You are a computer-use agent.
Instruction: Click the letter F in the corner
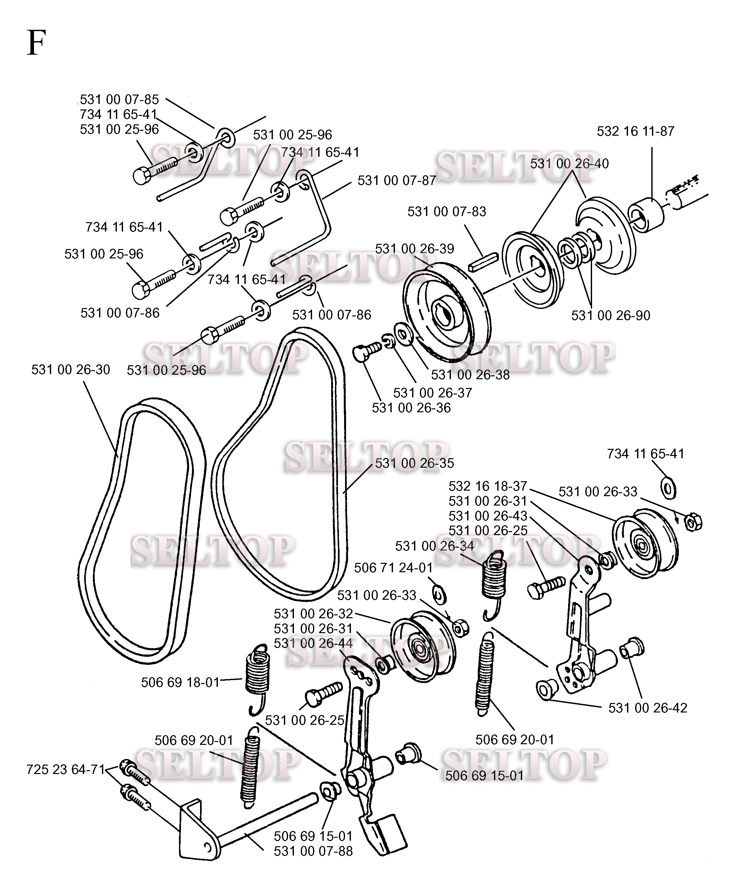click(36, 43)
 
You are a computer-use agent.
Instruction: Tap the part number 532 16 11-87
click(635, 131)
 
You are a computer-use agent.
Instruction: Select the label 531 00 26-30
click(71, 370)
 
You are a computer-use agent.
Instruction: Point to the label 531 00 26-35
click(414, 463)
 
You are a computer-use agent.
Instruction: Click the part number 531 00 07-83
click(447, 211)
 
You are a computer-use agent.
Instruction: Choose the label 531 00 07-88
click(313, 851)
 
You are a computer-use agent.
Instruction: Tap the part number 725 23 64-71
click(65, 769)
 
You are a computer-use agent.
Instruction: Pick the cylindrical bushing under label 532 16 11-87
click(646, 215)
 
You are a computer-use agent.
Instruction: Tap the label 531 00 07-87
click(397, 181)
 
